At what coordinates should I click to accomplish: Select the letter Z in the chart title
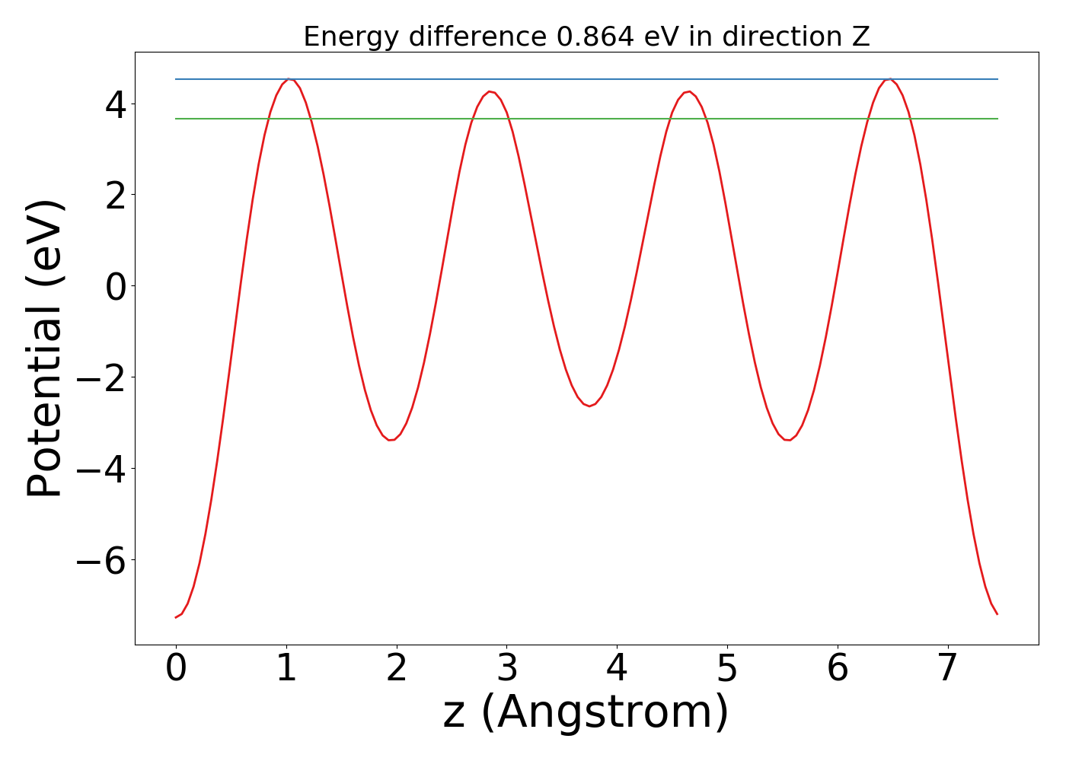point(860,37)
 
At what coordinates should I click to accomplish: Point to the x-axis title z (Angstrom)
point(586,712)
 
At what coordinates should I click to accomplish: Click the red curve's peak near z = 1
point(288,79)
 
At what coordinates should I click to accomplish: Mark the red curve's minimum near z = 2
point(392,440)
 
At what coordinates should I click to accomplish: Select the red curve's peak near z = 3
point(491,91)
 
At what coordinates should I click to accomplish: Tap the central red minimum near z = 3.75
point(589,406)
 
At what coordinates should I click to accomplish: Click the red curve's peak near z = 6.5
point(889,79)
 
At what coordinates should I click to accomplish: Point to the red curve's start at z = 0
point(176,617)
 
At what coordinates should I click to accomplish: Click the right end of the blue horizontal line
point(997,79)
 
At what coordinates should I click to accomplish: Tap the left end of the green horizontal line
point(177,119)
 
